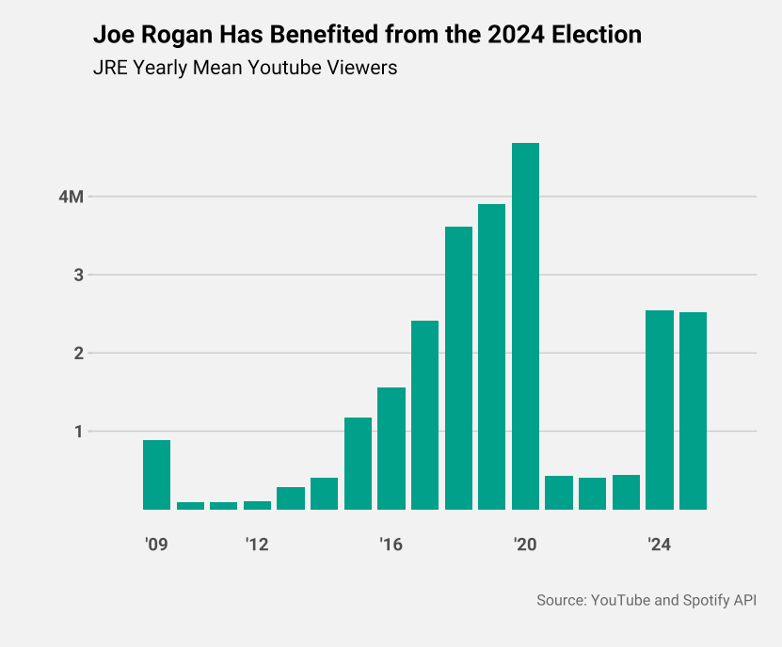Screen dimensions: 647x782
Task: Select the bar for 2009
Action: pos(156,475)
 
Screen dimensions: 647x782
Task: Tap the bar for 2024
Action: pos(659,410)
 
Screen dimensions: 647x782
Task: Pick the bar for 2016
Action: pos(391,449)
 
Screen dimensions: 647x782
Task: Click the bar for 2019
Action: pos(491,356)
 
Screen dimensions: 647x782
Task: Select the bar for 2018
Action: pos(458,368)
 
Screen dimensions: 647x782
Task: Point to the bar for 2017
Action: pos(424,415)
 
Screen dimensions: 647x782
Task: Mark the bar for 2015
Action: pos(358,464)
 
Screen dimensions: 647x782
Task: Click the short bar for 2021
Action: pos(559,493)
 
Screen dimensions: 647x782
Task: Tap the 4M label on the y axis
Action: pos(72,197)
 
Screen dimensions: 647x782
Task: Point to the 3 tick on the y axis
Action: pos(80,276)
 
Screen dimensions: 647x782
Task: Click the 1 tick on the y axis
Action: pos(80,432)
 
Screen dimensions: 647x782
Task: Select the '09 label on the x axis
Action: pos(156,544)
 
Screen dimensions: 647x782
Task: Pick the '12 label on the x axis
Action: pos(257,544)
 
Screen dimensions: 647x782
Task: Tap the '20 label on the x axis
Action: pos(525,544)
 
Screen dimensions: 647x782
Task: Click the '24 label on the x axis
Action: pos(659,544)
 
